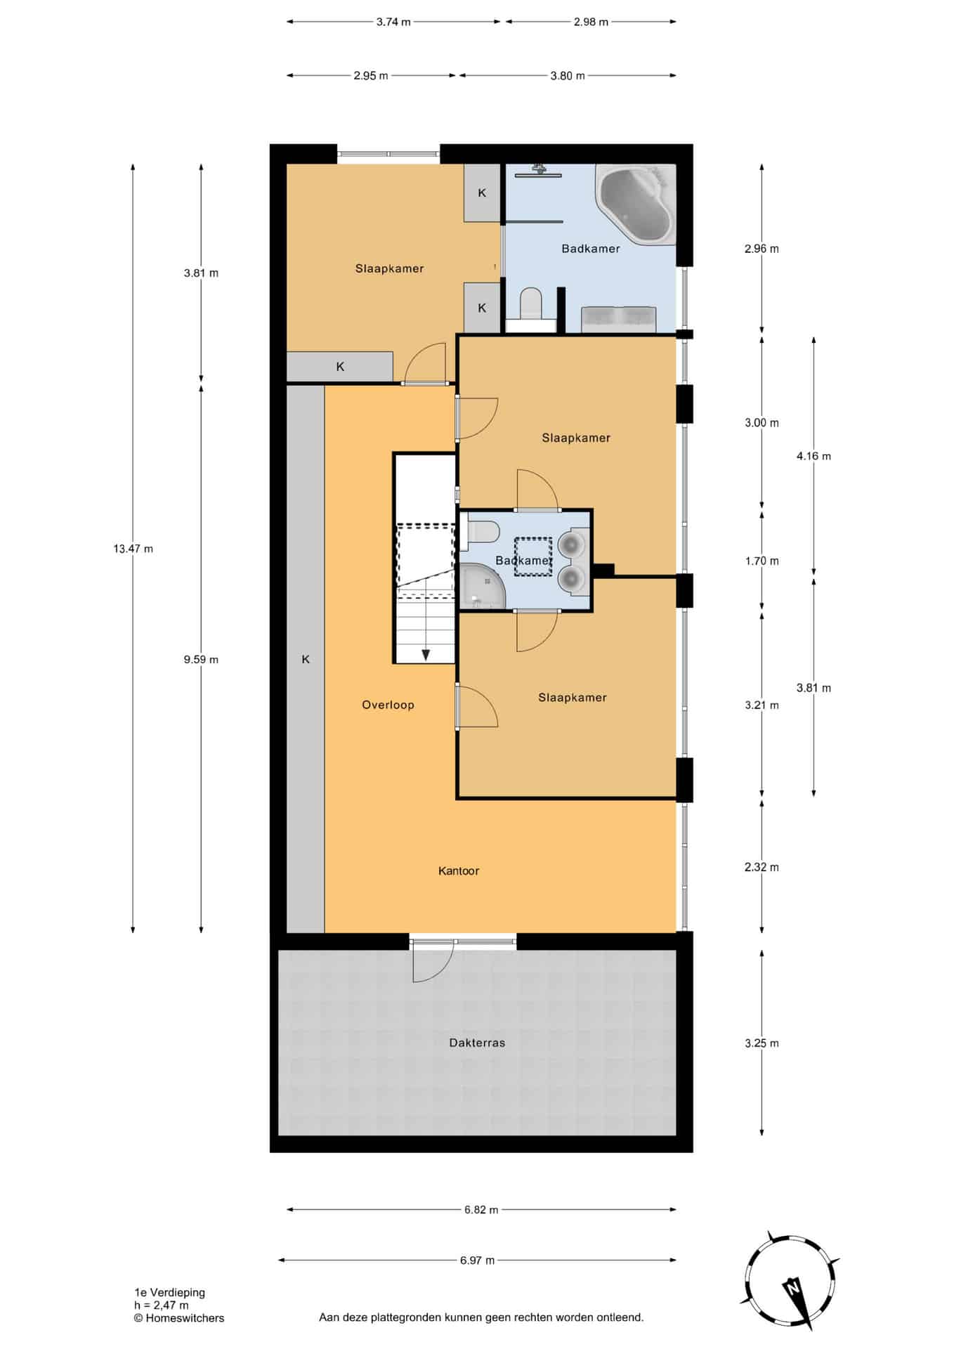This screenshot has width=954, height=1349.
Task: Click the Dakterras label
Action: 477,1043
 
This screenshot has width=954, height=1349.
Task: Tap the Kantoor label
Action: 459,871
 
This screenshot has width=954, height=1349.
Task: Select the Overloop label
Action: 388,705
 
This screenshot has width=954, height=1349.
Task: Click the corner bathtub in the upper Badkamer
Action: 636,204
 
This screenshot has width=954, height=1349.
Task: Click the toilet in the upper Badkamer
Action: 531,308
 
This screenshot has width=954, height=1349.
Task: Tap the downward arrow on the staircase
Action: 426,654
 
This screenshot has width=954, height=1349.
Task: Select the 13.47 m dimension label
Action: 133,549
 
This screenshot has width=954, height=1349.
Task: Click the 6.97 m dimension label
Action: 478,1260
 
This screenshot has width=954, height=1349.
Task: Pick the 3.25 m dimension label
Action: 762,1043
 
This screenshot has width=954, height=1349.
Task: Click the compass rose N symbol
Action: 792,1289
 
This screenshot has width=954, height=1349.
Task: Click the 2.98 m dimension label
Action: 591,22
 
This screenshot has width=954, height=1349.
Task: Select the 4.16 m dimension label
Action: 813,456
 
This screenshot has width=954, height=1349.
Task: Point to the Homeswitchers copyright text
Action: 179,1318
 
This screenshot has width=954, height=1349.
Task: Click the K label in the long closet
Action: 306,659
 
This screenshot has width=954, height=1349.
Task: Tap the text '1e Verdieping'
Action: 170,1292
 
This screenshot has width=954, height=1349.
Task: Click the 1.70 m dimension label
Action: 762,561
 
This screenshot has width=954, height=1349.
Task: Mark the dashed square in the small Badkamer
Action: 533,557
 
